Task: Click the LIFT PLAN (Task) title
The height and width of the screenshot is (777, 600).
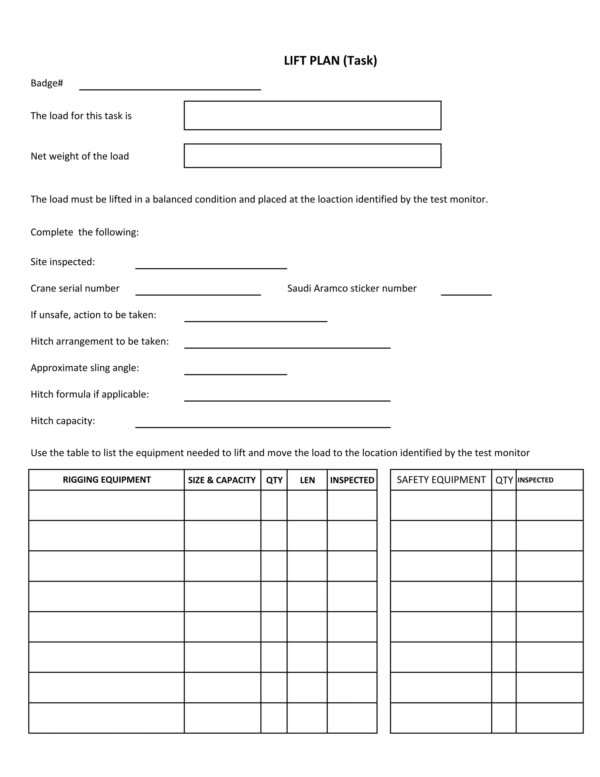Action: coord(330,60)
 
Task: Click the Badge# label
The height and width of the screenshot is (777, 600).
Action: coord(47,83)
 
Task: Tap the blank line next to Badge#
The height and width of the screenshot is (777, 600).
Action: coord(170,86)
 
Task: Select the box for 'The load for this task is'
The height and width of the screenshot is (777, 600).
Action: coord(312,115)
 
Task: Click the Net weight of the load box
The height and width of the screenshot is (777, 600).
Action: coord(312,155)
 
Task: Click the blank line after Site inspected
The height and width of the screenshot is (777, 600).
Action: coord(211,265)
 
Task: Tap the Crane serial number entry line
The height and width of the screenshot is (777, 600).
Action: coord(198,291)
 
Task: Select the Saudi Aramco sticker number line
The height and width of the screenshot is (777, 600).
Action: coord(466,291)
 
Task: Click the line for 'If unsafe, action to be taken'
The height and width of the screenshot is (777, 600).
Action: coord(255,318)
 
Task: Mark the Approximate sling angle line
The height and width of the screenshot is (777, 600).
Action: coord(235,371)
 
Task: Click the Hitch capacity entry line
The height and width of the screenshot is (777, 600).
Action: coord(263,424)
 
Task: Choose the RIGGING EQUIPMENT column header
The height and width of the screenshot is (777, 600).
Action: coord(107,480)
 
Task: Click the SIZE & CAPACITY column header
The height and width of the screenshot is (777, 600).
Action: coord(222,480)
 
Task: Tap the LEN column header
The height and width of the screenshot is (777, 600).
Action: coord(307,480)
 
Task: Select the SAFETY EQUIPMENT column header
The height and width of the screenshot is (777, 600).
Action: coord(441,480)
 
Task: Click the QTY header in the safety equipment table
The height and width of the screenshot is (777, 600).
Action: coord(504,480)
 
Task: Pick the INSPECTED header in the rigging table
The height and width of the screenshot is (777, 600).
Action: coord(352,480)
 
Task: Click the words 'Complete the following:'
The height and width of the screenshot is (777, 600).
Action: coord(85,232)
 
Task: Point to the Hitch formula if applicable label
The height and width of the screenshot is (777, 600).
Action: coord(90,394)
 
